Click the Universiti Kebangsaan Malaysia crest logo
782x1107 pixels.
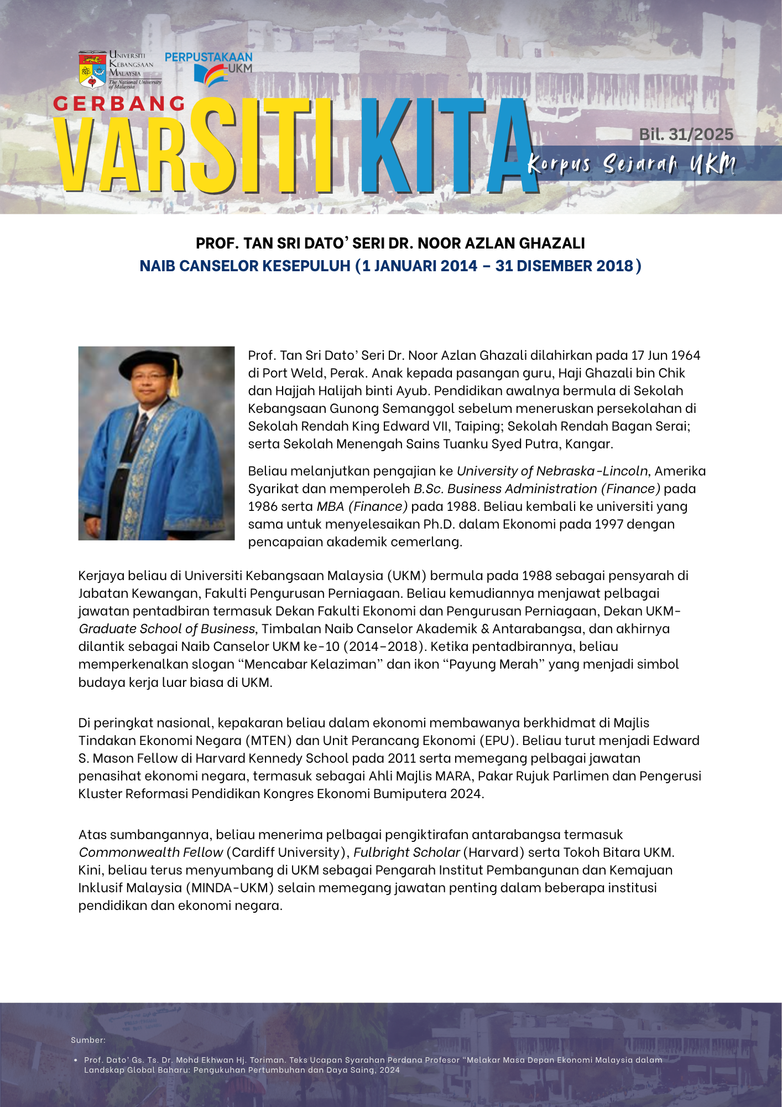click(x=92, y=70)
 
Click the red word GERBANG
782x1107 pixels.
click(x=119, y=104)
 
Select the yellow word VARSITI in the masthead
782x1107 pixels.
click(x=194, y=147)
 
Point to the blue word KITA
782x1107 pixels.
click(x=448, y=147)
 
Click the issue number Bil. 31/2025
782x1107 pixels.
click(x=686, y=135)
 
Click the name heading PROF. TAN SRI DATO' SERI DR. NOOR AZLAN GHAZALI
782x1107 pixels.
click(x=390, y=244)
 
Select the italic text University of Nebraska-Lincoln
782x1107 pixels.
click(x=552, y=471)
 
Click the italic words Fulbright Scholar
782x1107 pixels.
click(x=406, y=852)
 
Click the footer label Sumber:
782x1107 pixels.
click(x=88, y=1040)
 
